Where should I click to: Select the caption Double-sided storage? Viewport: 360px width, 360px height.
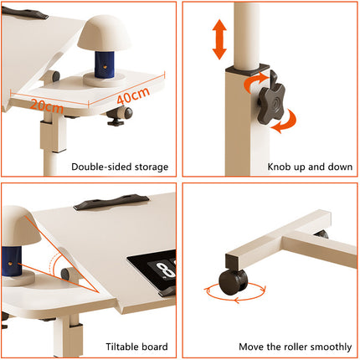pyautogui.click(x=119, y=167)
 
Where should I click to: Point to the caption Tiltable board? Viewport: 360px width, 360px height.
pyautogui.click(x=136, y=346)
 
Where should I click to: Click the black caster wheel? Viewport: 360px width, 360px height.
pyautogui.click(x=228, y=278)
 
